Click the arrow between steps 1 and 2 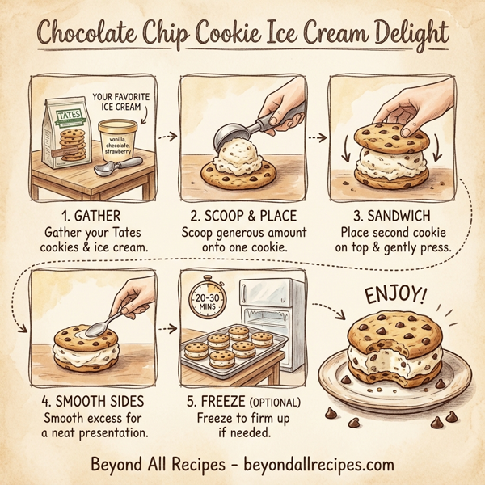[167, 136]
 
